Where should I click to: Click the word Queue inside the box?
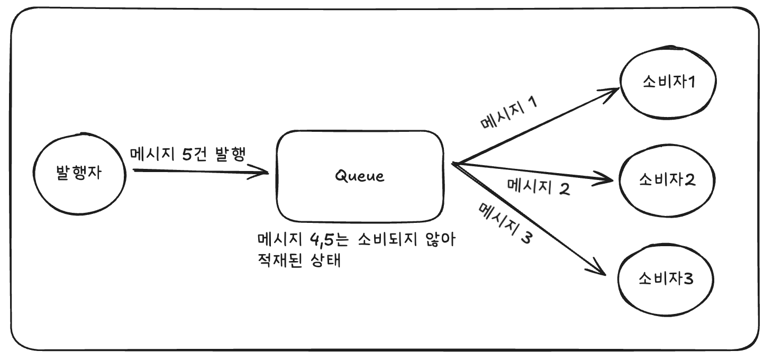pos(360,176)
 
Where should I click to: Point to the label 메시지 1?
pos(508,114)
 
